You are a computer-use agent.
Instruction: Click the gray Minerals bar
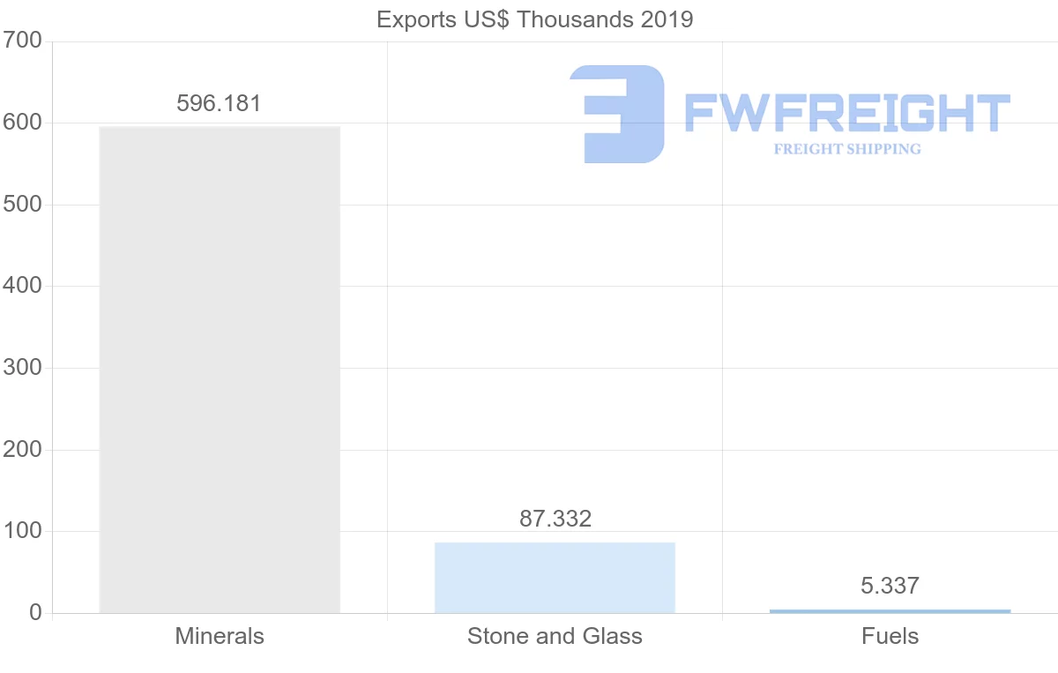coord(220,370)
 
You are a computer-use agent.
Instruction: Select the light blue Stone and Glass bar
coord(555,578)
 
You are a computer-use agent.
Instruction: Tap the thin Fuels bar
coord(890,610)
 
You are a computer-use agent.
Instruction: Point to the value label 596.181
coord(219,103)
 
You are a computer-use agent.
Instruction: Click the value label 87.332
coord(555,519)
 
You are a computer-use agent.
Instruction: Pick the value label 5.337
coord(890,586)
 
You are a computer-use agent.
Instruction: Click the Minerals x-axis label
coord(220,636)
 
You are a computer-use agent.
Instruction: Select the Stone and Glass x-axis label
coord(555,636)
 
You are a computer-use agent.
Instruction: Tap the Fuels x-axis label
coord(890,636)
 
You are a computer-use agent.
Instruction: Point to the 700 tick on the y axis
coord(22,41)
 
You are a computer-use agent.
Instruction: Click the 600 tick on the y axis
coord(22,123)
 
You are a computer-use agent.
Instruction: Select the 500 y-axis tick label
coord(22,205)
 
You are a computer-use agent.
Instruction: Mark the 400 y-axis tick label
coord(22,286)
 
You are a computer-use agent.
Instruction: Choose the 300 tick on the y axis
coord(22,368)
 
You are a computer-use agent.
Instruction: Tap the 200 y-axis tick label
coord(22,450)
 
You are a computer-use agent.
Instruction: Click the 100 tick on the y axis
coord(22,531)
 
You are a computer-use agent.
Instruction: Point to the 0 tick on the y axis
coord(35,613)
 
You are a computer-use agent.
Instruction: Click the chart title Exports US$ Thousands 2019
coord(535,19)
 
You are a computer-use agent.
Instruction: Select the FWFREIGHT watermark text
coord(846,113)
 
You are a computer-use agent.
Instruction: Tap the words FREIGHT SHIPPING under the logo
coord(847,149)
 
